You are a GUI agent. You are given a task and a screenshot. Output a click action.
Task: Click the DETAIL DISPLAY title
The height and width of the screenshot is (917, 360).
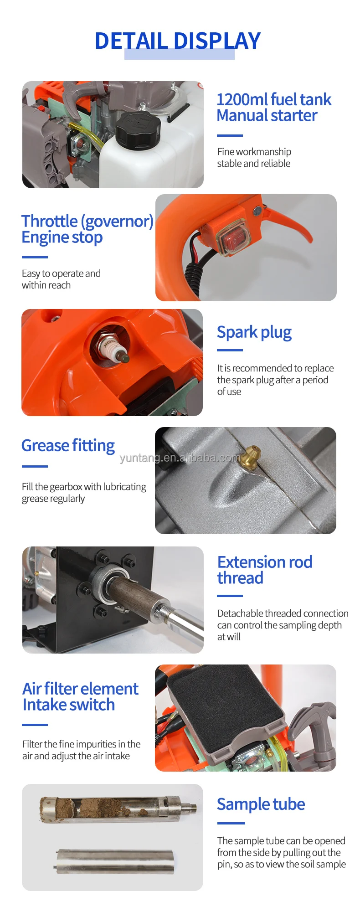tap(178, 41)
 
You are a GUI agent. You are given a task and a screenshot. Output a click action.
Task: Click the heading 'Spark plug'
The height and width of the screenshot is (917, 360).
tap(254, 332)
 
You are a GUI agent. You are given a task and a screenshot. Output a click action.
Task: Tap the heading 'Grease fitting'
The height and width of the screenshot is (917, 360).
tap(68, 445)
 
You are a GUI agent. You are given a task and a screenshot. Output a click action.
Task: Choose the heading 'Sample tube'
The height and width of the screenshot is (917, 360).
tap(261, 804)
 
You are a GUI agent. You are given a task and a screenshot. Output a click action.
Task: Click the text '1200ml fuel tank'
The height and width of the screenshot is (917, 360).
tap(273, 99)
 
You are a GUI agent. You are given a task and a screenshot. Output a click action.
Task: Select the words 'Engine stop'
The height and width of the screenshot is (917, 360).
tap(62, 237)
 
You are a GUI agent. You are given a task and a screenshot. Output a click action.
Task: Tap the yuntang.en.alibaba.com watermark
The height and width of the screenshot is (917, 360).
tap(180, 458)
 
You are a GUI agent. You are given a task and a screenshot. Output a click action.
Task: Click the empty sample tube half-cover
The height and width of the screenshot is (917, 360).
tap(114, 860)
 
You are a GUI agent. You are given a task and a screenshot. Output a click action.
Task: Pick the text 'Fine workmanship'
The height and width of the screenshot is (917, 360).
tap(254, 152)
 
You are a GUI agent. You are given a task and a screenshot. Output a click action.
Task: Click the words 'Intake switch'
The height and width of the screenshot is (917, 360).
tap(69, 705)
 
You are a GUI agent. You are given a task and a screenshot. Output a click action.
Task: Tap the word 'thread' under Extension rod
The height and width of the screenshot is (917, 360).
tap(240, 578)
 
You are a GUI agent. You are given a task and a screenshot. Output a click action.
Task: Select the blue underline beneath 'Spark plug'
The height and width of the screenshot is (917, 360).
tap(230, 350)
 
